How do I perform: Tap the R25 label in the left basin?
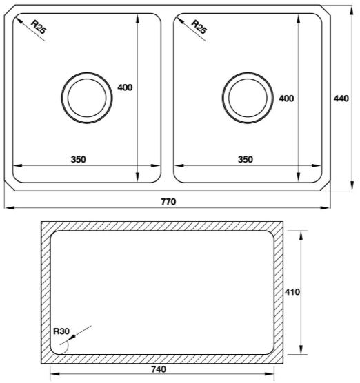[39, 27]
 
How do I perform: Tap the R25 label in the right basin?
[199, 27]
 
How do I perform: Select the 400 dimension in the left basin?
[125, 87]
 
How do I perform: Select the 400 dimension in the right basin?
[286, 99]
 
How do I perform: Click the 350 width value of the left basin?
[78, 159]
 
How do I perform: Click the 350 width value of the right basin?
[245, 159]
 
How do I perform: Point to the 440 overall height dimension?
[341, 99]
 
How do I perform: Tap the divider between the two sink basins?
[167, 96]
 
